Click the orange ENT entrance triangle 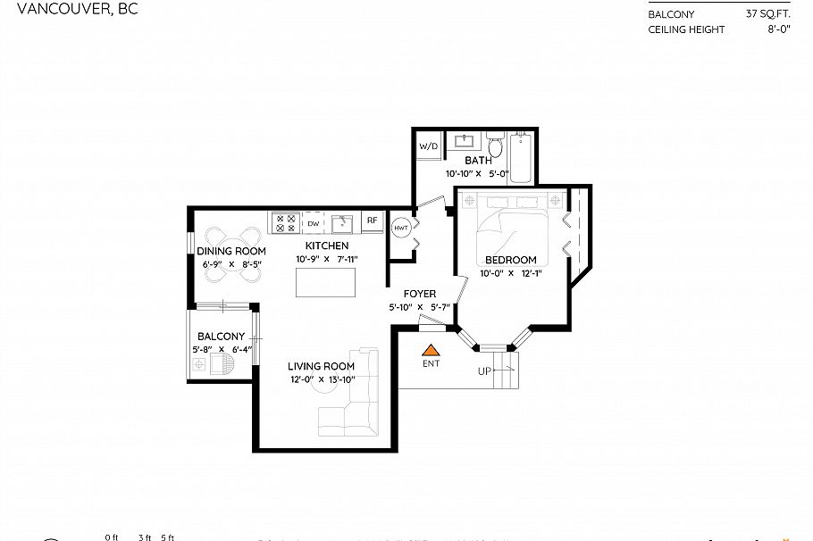pos(431,351)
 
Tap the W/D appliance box pos(427,145)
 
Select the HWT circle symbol pos(401,228)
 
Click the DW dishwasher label pos(314,223)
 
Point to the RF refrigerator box pos(372,221)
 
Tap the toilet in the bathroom pos(496,144)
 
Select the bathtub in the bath pos(523,158)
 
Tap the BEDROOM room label pos(510,260)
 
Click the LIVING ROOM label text pos(321,366)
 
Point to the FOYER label pos(419,294)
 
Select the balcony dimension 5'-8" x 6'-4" pos(222,350)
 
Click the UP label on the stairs pos(484,370)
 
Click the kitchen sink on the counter pos(341,221)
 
